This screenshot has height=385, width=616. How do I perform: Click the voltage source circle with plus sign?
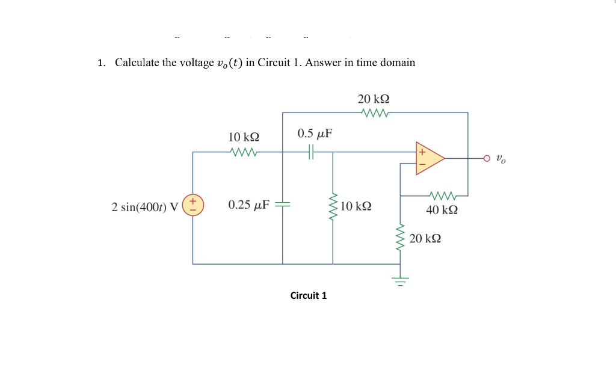pos(193,206)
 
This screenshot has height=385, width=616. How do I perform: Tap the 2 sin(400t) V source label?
pos(145,207)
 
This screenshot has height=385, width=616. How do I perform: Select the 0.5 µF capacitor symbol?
pos(311,152)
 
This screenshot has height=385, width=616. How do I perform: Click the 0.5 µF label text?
pos(315,133)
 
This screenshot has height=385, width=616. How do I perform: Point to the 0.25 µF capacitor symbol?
pos(283,205)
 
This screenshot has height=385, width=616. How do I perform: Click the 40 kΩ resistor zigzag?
pos(443,196)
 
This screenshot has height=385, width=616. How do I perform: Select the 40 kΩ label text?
pos(442,210)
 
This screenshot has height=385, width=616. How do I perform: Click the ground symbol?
pos(399,280)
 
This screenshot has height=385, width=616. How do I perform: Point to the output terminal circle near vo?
pos(487,158)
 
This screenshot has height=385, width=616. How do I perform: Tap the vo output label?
pos(501,159)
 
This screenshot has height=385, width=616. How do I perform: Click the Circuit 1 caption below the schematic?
pos(308,295)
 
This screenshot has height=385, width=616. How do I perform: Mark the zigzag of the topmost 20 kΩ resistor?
pos(374,112)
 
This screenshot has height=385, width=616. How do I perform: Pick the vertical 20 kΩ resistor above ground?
pos(399,238)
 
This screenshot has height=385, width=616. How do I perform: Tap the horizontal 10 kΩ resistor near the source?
pos(244,152)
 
